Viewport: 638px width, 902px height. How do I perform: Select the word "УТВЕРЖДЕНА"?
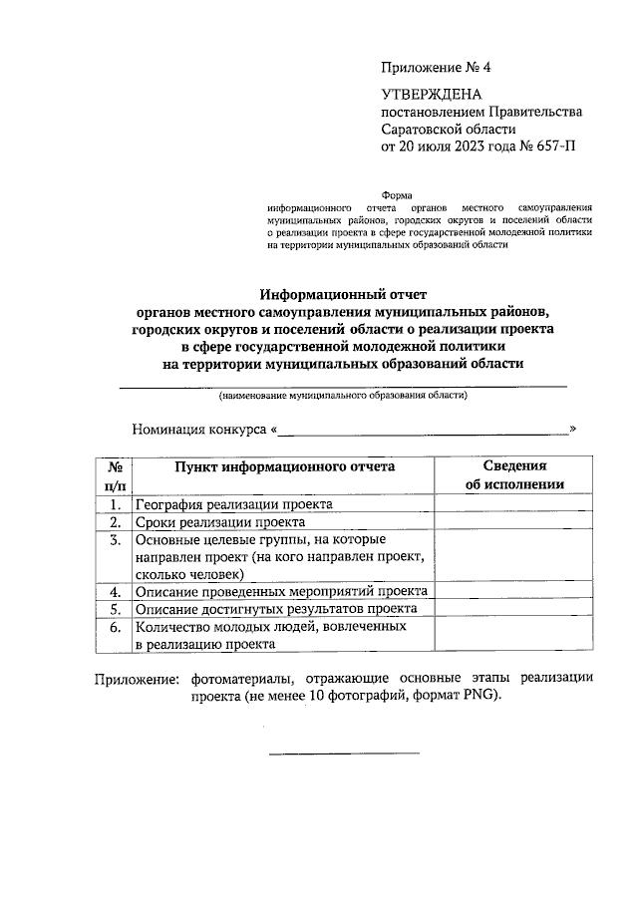[x=431, y=94]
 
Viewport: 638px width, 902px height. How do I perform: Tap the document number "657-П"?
[x=555, y=147]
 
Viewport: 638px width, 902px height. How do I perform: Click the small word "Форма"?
[x=404, y=194]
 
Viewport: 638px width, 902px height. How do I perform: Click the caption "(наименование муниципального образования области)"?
[x=343, y=396]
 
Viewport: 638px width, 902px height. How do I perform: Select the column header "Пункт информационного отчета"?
[x=285, y=465]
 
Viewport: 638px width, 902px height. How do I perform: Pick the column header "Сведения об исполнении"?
[x=514, y=474]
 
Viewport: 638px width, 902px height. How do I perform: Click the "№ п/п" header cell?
[x=115, y=474]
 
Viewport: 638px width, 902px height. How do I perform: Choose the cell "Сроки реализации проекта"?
[x=220, y=521]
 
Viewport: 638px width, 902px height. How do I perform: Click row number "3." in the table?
[x=115, y=539]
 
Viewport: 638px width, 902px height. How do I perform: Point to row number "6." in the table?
[x=115, y=627]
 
